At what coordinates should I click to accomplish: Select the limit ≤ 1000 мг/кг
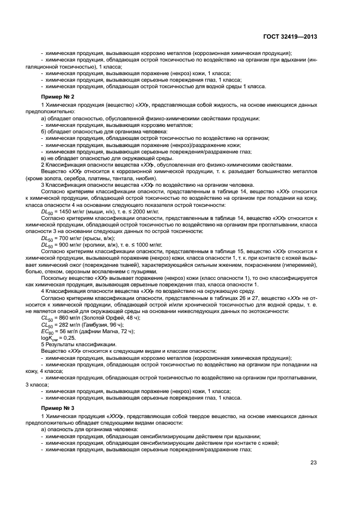[x=147, y=245]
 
